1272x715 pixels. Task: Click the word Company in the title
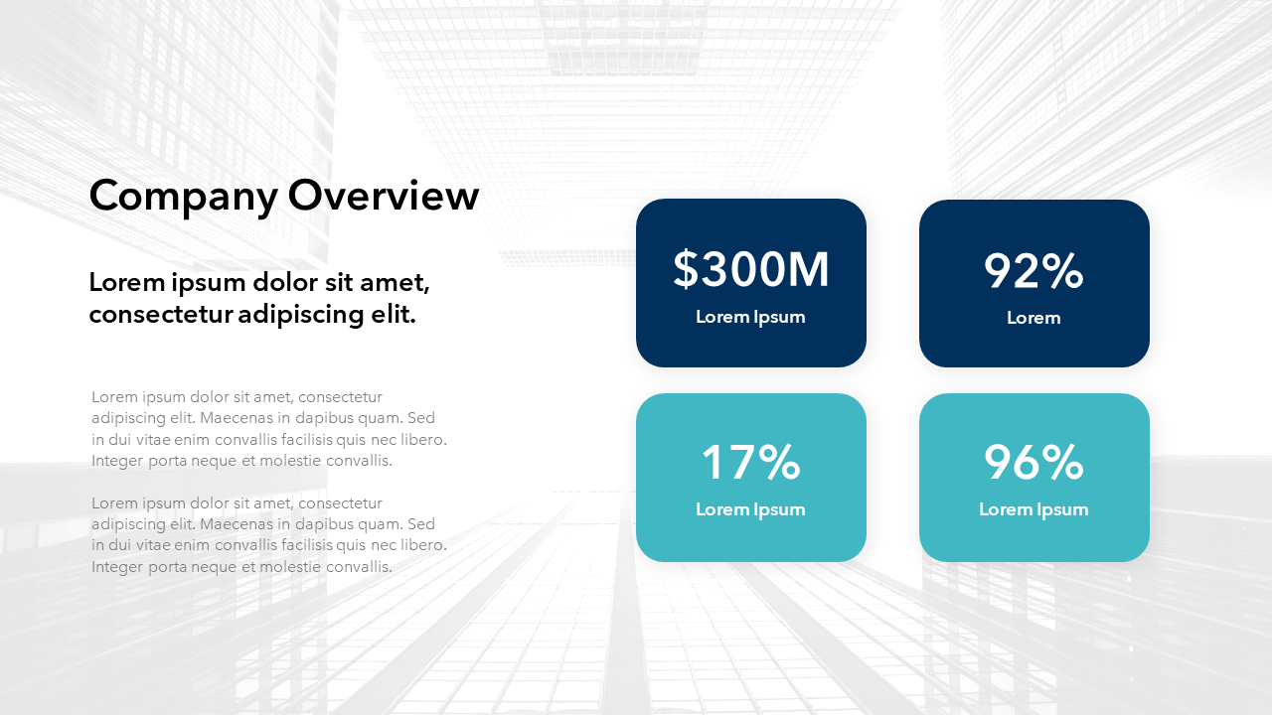[x=184, y=197]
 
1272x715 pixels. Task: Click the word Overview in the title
[x=384, y=195]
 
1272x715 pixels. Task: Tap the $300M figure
[x=750, y=269]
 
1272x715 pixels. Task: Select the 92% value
[x=1033, y=271]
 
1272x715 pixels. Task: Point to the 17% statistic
[x=750, y=462]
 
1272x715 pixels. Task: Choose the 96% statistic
[x=1033, y=462]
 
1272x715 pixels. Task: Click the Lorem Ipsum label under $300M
[x=750, y=317]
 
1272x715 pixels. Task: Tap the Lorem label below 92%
[x=1033, y=318]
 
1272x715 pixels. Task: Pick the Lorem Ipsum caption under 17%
[x=750, y=510]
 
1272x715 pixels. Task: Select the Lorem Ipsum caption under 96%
[x=1033, y=510]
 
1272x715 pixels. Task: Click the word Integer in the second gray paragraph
[x=117, y=567]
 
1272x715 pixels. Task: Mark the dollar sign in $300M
[x=686, y=269]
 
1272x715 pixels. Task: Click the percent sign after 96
[x=1062, y=462]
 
